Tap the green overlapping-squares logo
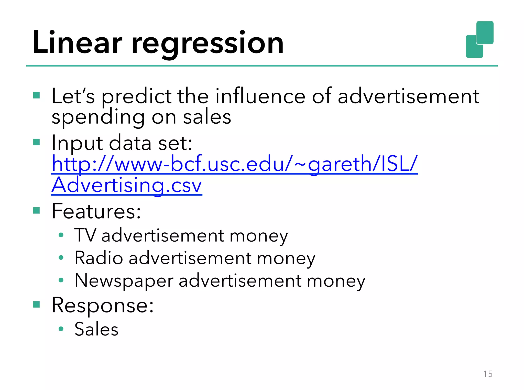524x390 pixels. [479, 39]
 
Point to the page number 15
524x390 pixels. [488, 374]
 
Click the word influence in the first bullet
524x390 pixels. [260, 96]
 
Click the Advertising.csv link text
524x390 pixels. [127, 185]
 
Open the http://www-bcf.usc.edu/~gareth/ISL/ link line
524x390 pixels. [234, 164]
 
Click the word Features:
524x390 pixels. [96, 211]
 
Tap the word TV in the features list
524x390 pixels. [85, 235]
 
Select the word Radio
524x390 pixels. [99, 258]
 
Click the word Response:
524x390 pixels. [103, 305]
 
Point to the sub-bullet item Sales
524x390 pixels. [96, 329]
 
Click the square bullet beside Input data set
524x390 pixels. [37, 142]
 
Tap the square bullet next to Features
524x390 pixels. [37, 210]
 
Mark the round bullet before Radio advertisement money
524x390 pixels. [61, 257]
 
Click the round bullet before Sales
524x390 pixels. [61, 329]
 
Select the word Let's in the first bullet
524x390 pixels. [73, 96]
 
